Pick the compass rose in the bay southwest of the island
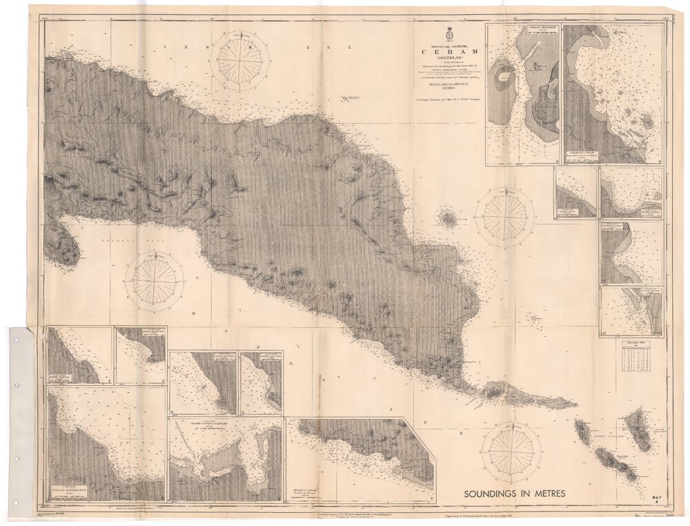point(155,281)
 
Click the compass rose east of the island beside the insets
point(504,218)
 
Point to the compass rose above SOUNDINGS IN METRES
point(511,452)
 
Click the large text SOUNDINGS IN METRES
point(515,494)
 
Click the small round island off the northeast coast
point(448,220)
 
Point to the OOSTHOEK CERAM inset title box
point(584,155)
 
